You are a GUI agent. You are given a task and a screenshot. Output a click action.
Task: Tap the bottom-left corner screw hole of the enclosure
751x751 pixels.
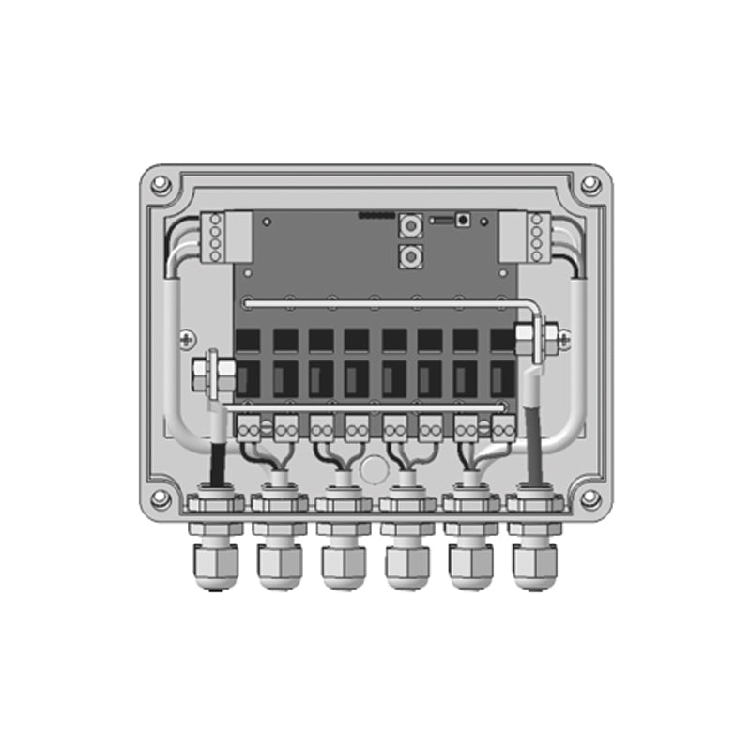tap(161, 498)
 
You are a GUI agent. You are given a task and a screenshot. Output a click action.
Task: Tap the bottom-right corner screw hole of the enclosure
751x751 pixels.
tap(590, 498)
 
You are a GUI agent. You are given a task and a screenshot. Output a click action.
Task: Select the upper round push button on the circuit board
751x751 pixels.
tap(409, 225)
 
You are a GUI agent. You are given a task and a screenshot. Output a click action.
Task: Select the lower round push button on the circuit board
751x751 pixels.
tap(409, 255)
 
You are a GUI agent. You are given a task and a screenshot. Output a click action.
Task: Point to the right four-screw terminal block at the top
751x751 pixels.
tap(536, 237)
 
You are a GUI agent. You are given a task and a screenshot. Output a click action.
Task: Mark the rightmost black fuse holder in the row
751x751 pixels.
tap(501, 362)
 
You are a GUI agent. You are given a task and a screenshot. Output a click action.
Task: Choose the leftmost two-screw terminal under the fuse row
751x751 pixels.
tap(251, 429)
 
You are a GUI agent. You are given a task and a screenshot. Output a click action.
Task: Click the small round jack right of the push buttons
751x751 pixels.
tap(463, 221)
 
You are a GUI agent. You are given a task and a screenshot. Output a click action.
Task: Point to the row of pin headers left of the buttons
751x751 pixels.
tap(375, 215)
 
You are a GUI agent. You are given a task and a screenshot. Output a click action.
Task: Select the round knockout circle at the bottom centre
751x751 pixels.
tap(375, 467)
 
